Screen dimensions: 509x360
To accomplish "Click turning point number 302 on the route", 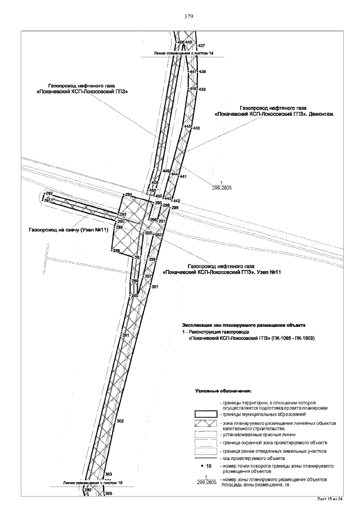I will [119, 421].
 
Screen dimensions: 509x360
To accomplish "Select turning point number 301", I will [155, 287].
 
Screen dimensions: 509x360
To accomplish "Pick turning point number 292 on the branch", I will [48, 193].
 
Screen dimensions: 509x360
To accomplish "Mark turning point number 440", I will [197, 129].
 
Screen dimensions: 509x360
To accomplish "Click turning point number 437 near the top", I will [201, 45].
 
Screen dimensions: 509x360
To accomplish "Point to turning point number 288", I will [117, 251].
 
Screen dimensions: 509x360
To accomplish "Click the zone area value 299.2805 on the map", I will [221, 188].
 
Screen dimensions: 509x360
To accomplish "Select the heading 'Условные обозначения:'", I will [223, 390].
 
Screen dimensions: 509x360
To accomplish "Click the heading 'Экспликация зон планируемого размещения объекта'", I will [243, 326].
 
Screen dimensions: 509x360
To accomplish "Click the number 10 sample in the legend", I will [206, 466].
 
